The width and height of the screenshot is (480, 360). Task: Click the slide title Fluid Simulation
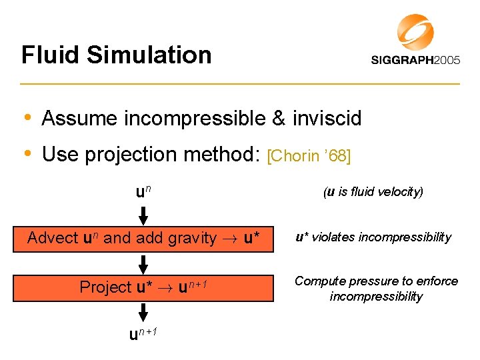116,55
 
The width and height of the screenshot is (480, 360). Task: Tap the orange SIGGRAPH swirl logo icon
415,32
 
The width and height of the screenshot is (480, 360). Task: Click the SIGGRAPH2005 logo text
415,60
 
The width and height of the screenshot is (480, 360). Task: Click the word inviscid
326,119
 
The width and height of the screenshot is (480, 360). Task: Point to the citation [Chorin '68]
308,156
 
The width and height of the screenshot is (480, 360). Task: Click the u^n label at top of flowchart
143,193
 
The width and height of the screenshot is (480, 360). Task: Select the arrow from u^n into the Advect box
143,215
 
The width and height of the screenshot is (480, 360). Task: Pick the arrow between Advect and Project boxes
143,262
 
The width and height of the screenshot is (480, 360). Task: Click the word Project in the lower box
105,287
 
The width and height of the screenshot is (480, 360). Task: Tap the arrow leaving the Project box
143,312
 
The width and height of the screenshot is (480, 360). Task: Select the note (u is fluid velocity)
373,193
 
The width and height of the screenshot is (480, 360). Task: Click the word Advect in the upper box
53,238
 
